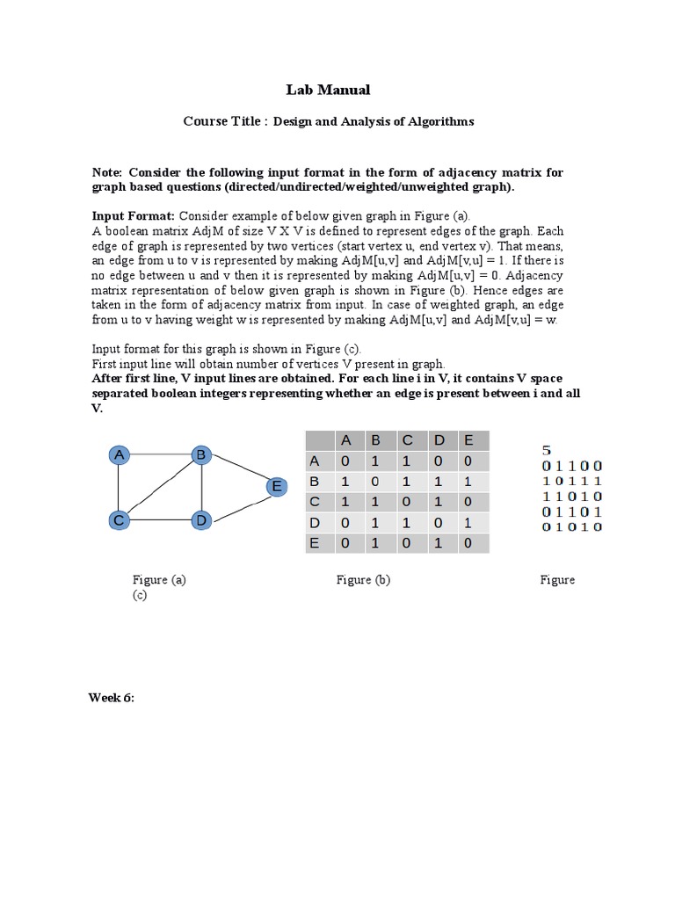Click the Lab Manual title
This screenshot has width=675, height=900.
tap(328, 90)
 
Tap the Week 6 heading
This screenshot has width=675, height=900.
tap(111, 698)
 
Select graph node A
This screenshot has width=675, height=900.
tap(119, 454)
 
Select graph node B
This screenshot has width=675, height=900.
tap(201, 454)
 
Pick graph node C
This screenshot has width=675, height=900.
tap(119, 520)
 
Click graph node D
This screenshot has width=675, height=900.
tap(201, 520)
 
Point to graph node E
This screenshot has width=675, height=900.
tap(276, 486)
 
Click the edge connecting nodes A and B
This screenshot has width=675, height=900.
tap(160, 454)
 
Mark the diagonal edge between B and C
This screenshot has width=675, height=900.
tap(160, 488)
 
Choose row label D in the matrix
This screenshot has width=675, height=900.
tap(315, 523)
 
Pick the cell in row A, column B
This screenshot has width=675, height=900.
tap(376, 461)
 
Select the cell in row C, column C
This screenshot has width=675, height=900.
tap(407, 503)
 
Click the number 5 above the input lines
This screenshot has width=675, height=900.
tap(547, 450)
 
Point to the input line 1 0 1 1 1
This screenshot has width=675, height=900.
tap(571, 481)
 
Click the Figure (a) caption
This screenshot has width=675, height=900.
tap(159, 579)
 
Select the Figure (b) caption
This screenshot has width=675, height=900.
tap(363, 579)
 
